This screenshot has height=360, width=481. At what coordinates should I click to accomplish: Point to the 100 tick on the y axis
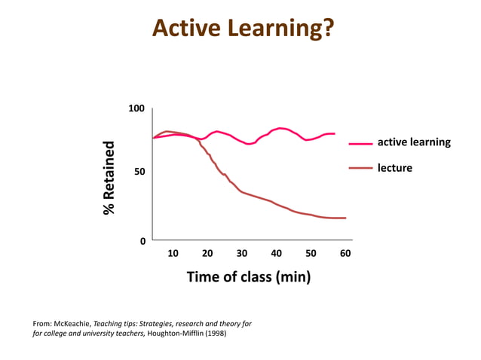136,109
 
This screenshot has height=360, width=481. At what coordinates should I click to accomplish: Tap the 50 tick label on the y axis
139,172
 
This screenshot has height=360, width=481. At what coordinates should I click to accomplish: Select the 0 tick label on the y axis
142,241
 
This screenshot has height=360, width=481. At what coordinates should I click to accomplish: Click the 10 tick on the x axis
173,254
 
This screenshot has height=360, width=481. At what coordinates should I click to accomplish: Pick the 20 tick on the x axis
207,254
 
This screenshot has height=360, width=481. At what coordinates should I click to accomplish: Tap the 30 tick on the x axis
242,254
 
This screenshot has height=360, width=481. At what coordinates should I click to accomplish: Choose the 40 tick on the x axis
277,254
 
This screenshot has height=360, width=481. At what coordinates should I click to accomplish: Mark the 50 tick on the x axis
311,254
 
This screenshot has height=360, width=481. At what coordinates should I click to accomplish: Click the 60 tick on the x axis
345,254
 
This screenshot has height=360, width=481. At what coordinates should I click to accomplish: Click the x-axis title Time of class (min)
248,277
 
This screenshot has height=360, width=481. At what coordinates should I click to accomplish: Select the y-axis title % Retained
110,178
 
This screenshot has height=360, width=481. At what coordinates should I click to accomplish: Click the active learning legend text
413,142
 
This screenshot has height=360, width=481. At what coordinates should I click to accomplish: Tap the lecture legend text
394,168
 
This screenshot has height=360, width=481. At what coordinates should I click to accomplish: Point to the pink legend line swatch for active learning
361,142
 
